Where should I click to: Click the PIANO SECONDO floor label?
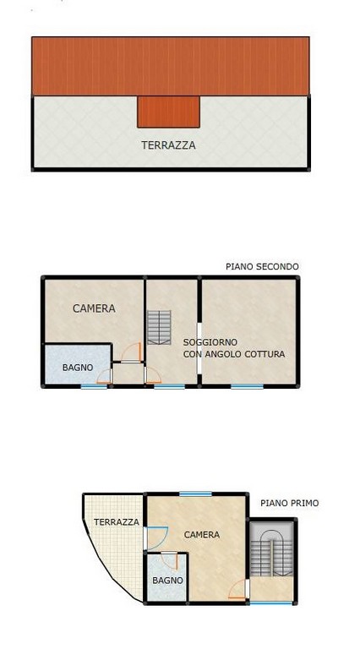pos(262,266)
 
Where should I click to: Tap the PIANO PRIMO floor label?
pos(290,503)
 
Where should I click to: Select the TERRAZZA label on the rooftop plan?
pos(168,145)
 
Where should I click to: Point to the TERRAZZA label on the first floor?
pos(117,522)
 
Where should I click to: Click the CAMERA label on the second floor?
pos(94,308)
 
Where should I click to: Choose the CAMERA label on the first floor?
pos(202,535)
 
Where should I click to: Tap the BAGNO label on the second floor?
pos(78,367)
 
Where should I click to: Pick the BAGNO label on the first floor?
pos(167,581)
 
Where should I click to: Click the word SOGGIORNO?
pos(210,342)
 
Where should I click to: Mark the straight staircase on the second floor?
pos(159,327)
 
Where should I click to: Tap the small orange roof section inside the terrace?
pos(168,112)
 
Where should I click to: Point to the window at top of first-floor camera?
pos(195,494)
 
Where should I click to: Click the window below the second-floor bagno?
pos(94,386)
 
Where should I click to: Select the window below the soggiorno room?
pos(247,386)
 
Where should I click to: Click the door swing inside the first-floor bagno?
pos(171,562)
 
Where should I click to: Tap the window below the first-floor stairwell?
pos(271,603)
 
